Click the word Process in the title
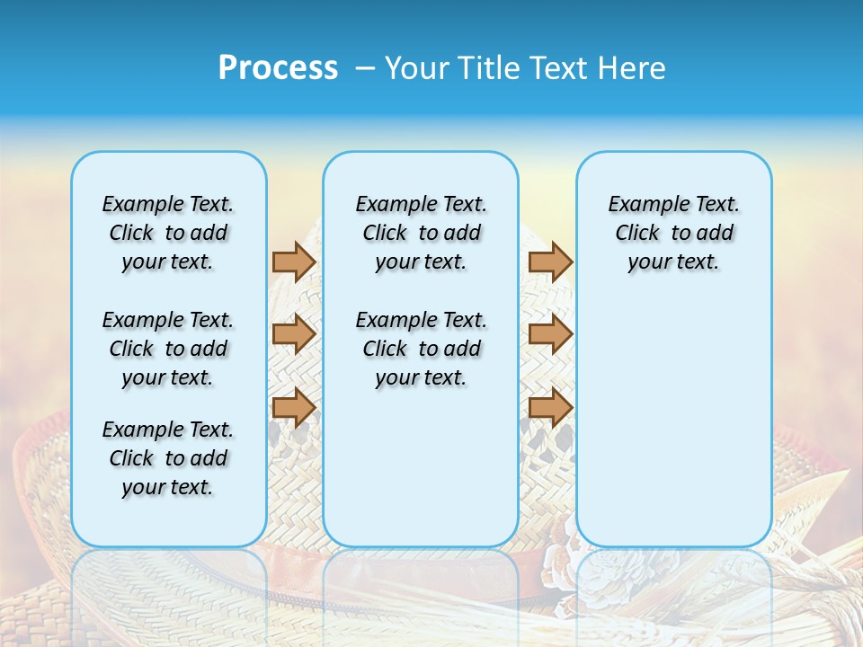278,67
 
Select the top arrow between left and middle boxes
294,261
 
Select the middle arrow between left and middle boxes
294,334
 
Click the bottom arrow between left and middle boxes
294,407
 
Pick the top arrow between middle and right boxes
550,261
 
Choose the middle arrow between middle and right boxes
550,334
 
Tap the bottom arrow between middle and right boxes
550,407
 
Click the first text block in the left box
168,233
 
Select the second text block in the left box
168,349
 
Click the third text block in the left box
168,458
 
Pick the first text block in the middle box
421,233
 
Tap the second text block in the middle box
421,349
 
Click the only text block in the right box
673,233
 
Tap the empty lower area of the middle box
421,467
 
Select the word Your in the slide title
417,68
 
